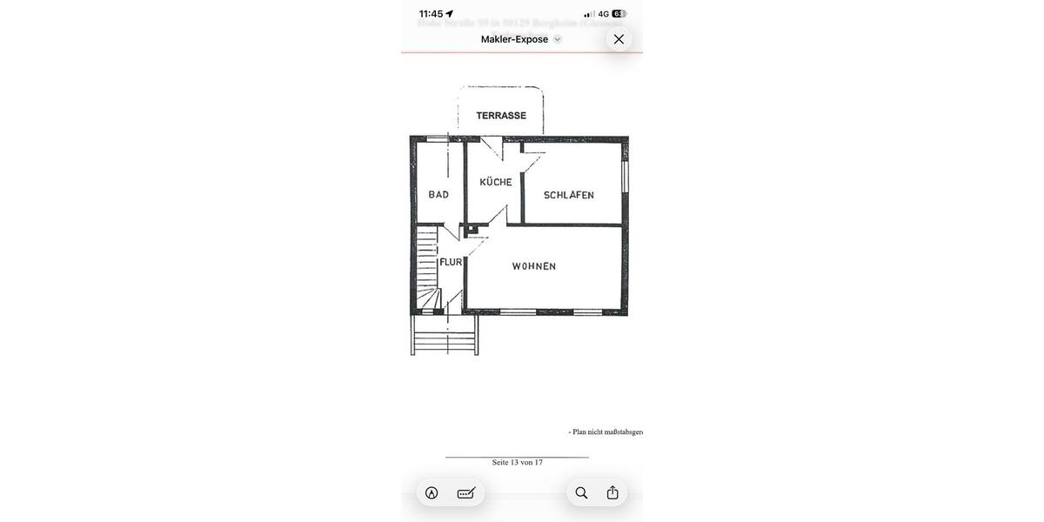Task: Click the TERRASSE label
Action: [501, 116]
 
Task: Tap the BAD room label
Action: [438, 195]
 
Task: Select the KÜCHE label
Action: [496, 182]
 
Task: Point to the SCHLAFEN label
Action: [569, 195]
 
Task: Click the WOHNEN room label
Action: [534, 266]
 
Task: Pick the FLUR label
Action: [451, 262]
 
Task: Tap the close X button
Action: [619, 39]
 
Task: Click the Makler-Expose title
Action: [514, 39]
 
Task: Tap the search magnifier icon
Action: [581, 492]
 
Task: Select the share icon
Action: [612, 492]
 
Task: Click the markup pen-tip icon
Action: [432, 492]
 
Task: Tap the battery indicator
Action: [619, 14]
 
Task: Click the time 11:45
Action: [431, 14]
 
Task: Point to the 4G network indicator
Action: [603, 14]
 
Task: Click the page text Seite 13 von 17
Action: [517, 462]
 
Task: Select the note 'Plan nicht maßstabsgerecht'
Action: [606, 432]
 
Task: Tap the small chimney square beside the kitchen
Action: [470, 230]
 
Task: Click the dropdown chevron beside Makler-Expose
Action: [558, 39]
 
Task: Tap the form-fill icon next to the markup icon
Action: [466, 492]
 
